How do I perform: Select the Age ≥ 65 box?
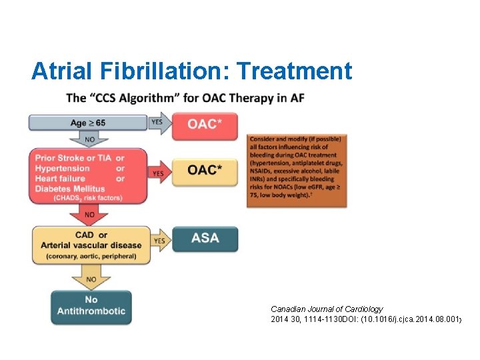click(x=87, y=123)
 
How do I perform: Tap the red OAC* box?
click(x=205, y=125)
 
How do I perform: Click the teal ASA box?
click(x=205, y=238)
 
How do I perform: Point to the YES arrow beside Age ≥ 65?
click(x=158, y=123)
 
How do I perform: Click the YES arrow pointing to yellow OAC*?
click(x=158, y=173)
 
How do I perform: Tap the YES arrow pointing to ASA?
click(x=160, y=241)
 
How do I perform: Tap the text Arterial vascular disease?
click(x=91, y=245)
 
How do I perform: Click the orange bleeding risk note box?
click(x=296, y=171)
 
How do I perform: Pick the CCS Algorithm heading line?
click(x=185, y=98)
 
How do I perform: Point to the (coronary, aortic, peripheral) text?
click(x=91, y=255)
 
